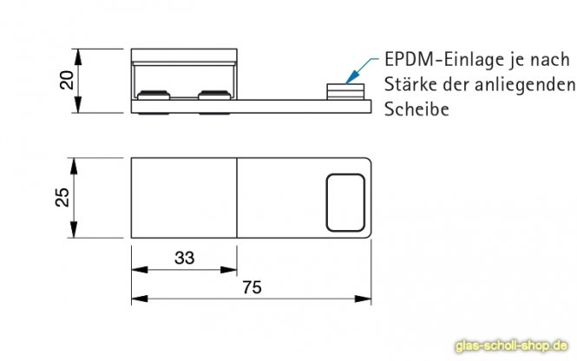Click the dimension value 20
pos(67,80)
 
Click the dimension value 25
pos(62,197)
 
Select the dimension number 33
pos(184,258)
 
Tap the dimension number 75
pos(252,287)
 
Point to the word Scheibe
pos(416,109)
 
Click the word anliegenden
pos(525,85)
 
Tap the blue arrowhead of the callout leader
pos(351,77)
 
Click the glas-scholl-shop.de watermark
pos(512,346)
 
